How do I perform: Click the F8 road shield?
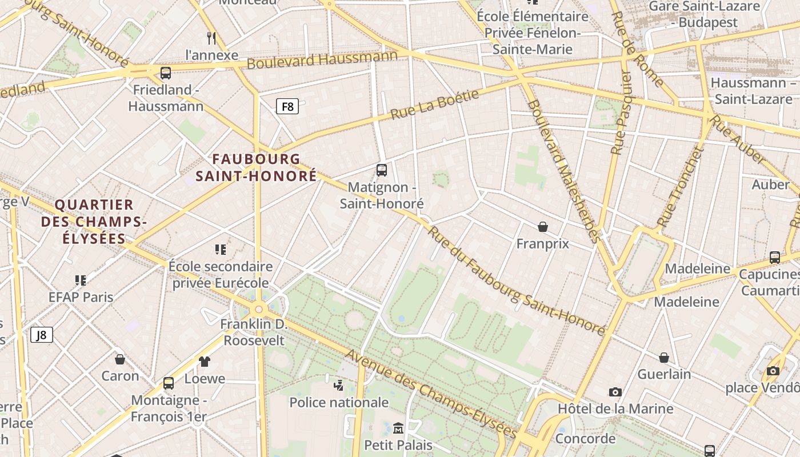287,106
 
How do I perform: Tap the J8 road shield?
42,335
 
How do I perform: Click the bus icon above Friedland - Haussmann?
166,73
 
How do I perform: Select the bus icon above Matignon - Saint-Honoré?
382,170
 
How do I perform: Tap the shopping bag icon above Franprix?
543,227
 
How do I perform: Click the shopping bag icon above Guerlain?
664,358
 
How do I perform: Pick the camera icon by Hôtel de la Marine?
615,392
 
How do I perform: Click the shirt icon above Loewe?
205,361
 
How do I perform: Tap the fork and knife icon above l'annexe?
211,38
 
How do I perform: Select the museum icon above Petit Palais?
398,427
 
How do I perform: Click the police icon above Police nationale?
339,384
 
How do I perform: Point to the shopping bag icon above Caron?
120,359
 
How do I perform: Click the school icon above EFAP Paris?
81,280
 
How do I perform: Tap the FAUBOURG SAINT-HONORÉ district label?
256,167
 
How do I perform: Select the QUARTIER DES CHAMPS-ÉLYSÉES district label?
94,221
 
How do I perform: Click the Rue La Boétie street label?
434,104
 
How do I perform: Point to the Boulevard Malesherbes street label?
563,171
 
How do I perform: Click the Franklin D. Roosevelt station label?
254,332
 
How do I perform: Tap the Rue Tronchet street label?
679,187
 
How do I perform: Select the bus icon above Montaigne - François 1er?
169,383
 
